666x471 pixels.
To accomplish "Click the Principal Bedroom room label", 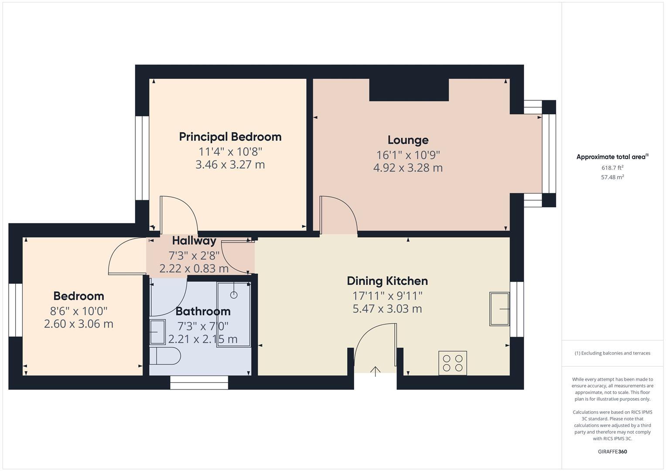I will coord(230,137).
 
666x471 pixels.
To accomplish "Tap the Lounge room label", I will coord(408,140).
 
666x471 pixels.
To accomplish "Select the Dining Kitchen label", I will coord(387,281).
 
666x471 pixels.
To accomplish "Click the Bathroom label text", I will coord(203,311).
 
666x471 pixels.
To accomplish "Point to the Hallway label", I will coord(194,241).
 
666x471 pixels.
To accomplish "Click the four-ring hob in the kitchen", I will coord(452,363).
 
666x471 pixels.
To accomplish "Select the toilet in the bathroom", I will coord(165,356).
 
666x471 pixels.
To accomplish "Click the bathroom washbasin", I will coord(157,332).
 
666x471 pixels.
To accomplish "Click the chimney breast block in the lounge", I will coord(409,89).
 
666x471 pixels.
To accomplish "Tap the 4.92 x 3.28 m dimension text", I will coord(408,168).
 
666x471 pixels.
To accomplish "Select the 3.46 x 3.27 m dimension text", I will coord(230,165).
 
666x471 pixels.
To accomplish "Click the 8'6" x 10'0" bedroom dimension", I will coord(79,311).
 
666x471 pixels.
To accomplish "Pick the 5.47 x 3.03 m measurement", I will coord(387,309).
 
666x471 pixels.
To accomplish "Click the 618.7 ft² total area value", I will coord(612,167).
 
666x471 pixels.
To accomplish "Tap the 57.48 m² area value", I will coord(612,177).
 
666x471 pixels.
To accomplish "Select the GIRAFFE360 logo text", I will coord(612,451).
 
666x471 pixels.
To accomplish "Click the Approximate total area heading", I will coord(612,157).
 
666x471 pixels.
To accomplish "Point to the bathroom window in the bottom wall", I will coord(199,382).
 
